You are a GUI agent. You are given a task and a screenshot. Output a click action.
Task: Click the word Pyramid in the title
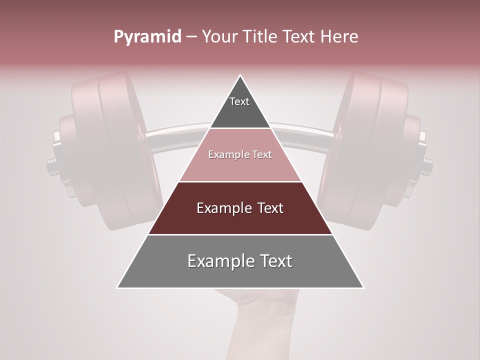click(x=147, y=37)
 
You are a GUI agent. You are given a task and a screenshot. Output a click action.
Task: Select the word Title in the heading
click(x=260, y=37)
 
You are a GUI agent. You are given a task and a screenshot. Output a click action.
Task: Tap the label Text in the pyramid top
click(x=239, y=101)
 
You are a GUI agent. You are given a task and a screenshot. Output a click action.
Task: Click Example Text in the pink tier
click(x=240, y=154)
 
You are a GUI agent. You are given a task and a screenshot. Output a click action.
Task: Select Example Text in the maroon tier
click(x=240, y=208)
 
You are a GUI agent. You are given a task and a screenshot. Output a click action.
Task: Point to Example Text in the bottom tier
click(x=240, y=261)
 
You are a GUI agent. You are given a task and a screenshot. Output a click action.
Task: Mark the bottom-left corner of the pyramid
click(x=117, y=288)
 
